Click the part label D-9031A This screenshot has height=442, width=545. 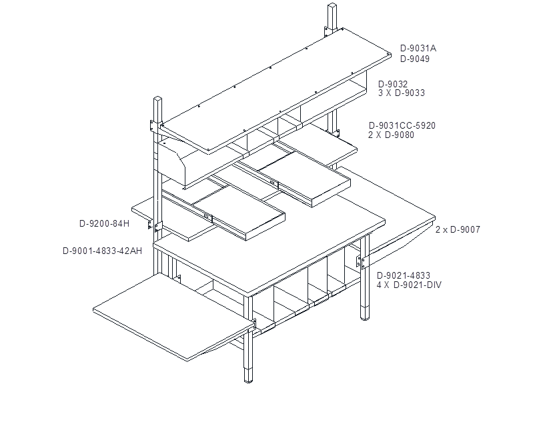[418, 48]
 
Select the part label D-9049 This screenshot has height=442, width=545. [415, 59]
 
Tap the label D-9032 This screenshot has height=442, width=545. [393, 84]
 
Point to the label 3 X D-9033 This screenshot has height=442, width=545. [402, 93]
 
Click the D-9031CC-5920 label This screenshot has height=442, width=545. [402, 125]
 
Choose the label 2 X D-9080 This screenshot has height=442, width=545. [391, 135]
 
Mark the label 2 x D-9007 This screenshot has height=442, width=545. [458, 229]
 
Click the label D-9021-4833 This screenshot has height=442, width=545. [404, 275]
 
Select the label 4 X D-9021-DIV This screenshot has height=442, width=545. [409, 285]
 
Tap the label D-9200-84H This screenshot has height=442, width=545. [104, 223]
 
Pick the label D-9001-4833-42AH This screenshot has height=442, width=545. [102, 251]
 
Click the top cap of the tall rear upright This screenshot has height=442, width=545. [332, 5]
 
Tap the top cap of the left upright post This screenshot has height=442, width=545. [158, 99]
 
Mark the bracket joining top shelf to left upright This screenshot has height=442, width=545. [153, 125]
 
